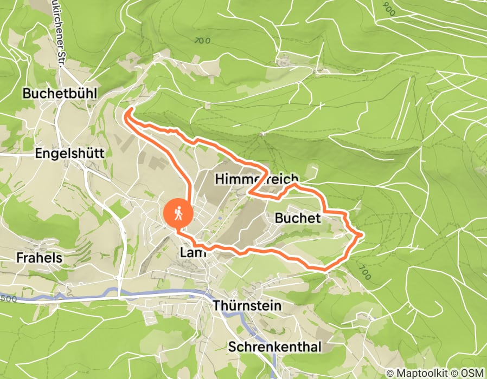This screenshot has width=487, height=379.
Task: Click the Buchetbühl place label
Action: tap(60, 94)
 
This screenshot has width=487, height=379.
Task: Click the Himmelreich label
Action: tap(257, 179)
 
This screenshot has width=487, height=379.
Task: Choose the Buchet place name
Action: tap(298, 218)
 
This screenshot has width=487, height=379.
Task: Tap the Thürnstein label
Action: tap(247, 306)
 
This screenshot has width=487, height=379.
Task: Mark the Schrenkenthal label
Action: tap(275, 347)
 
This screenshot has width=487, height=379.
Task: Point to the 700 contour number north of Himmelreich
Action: tap(202, 40)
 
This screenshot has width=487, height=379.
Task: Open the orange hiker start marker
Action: tap(177, 214)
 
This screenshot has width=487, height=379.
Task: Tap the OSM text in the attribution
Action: tap(471, 373)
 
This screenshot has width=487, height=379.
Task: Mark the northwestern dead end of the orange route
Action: tap(129, 111)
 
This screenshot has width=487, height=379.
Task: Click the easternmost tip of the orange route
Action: tap(361, 234)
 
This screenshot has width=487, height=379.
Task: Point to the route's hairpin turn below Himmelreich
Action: tap(249, 192)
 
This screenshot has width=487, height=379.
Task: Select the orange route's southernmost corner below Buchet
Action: tap(323, 268)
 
